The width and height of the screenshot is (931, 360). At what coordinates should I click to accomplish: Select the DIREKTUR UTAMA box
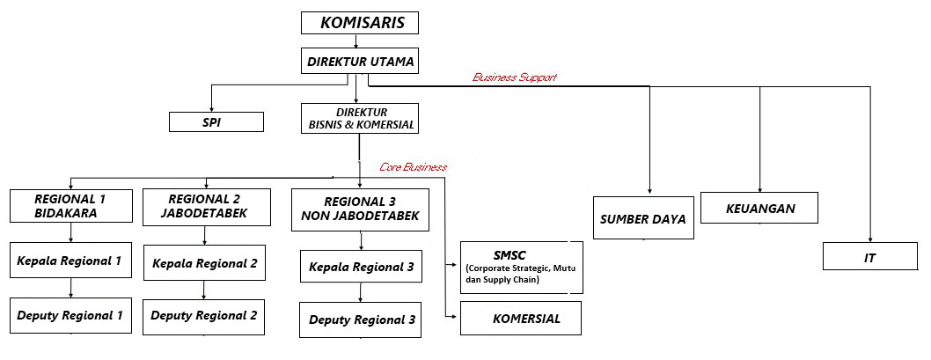pos(357,62)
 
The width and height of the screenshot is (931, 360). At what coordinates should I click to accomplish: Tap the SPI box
pos(216,121)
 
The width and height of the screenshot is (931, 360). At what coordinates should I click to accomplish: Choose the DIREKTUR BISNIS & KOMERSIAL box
pos(358,119)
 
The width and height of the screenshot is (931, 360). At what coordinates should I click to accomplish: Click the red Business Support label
pos(515,77)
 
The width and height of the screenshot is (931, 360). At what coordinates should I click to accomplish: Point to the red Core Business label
pos(413,166)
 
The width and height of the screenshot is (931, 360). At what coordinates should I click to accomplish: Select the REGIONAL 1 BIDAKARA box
pos(71,206)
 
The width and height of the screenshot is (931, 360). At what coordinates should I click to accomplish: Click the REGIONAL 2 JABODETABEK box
pos(205,206)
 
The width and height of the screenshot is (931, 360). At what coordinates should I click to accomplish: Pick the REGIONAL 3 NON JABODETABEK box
pos(360,209)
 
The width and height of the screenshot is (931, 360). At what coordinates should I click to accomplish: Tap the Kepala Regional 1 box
pos(70,261)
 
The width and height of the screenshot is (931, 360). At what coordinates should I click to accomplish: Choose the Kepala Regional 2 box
pos(205,262)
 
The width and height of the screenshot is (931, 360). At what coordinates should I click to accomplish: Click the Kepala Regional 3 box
pos(361,267)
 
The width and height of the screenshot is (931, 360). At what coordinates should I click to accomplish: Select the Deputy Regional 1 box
pos(70,314)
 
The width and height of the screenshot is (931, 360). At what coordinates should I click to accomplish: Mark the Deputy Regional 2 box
pos(204,315)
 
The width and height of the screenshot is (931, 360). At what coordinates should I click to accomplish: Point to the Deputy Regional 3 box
pos(361,320)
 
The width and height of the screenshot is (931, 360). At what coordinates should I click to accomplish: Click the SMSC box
pos(520,267)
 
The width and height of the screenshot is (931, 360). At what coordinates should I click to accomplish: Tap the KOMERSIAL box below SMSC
pos(521,319)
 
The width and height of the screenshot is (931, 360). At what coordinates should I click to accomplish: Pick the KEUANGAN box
pos(759,208)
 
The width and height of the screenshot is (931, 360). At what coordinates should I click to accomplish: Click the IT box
pos(869,257)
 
